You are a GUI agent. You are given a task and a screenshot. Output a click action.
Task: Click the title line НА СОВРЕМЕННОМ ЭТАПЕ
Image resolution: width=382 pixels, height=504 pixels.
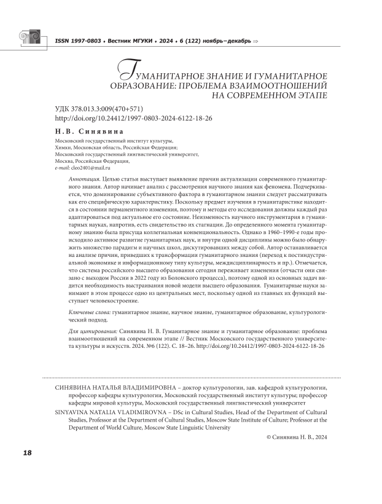pyautogui.click(x=269, y=96)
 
